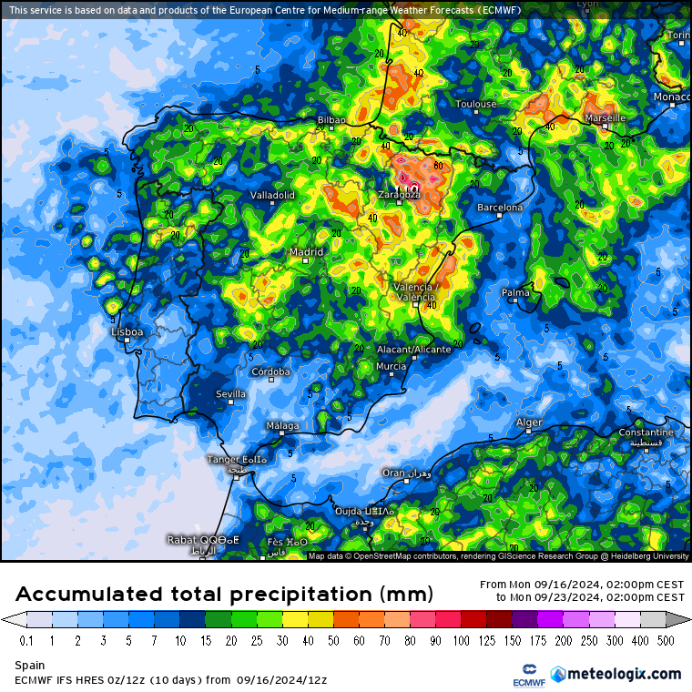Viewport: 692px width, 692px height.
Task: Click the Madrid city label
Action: [306, 252]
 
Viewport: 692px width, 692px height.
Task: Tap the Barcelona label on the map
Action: [500, 208]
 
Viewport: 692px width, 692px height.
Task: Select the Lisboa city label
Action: [127, 332]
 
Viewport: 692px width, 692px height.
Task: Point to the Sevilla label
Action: [229, 393]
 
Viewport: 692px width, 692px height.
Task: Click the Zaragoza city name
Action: [399, 194]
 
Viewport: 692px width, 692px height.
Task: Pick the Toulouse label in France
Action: [475, 104]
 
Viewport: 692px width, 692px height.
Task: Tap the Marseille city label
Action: [605, 118]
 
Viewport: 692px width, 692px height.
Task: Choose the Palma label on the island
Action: [515, 292]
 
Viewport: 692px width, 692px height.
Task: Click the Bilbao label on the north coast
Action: [331, 120]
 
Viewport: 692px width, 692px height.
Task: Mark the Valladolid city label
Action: [272, 195]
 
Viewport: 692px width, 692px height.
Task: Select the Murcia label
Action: [391, 366]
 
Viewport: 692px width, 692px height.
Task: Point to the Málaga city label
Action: [281, 426]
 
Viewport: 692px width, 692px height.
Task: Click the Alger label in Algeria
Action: [529, 422]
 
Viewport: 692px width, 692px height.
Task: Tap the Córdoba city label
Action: [270, 371]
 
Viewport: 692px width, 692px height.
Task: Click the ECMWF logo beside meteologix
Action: [523, 675]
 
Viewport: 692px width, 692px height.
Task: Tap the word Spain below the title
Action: [29, 666]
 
